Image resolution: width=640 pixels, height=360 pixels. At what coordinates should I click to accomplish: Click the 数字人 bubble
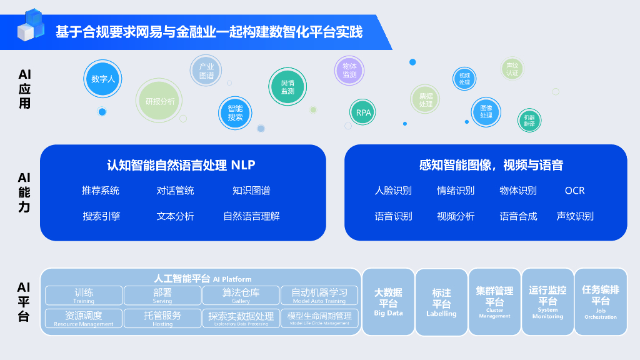click(102, 79)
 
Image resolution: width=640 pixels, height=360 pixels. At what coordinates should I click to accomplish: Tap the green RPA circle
click(363, 113)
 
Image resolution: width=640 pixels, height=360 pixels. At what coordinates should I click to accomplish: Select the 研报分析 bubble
click(160, 101)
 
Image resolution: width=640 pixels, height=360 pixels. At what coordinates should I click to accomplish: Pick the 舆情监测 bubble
click(287, 87)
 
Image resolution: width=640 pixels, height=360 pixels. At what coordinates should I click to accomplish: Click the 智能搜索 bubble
click(235, 112)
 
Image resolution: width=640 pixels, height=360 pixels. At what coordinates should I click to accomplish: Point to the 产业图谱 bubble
click(206, 71)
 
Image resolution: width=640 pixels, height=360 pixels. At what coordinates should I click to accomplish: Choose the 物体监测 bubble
click(349, 71)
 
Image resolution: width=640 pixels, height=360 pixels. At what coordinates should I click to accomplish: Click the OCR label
click(574, 191)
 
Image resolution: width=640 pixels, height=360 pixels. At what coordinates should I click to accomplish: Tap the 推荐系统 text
click(101, 191)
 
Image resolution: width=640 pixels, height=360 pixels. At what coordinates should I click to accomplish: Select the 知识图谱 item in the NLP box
click(251, 191)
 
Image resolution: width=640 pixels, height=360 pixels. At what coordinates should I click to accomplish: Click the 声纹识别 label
click(574, 216)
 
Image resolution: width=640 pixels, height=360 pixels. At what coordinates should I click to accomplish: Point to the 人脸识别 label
click(393, 191)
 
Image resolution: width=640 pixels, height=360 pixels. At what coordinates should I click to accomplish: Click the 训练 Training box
click(84, 295)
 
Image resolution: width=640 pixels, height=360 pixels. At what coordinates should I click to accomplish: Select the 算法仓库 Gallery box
click(241, 295)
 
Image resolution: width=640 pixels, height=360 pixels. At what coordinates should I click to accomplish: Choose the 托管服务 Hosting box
click(162, 318)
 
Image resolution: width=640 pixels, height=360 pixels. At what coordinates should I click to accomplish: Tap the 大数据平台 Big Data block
click(388, 302)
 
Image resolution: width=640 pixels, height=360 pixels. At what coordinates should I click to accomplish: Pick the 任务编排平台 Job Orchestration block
click(600, 302)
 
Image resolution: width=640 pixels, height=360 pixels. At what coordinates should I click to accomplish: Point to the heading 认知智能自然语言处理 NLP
click(181, 165)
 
